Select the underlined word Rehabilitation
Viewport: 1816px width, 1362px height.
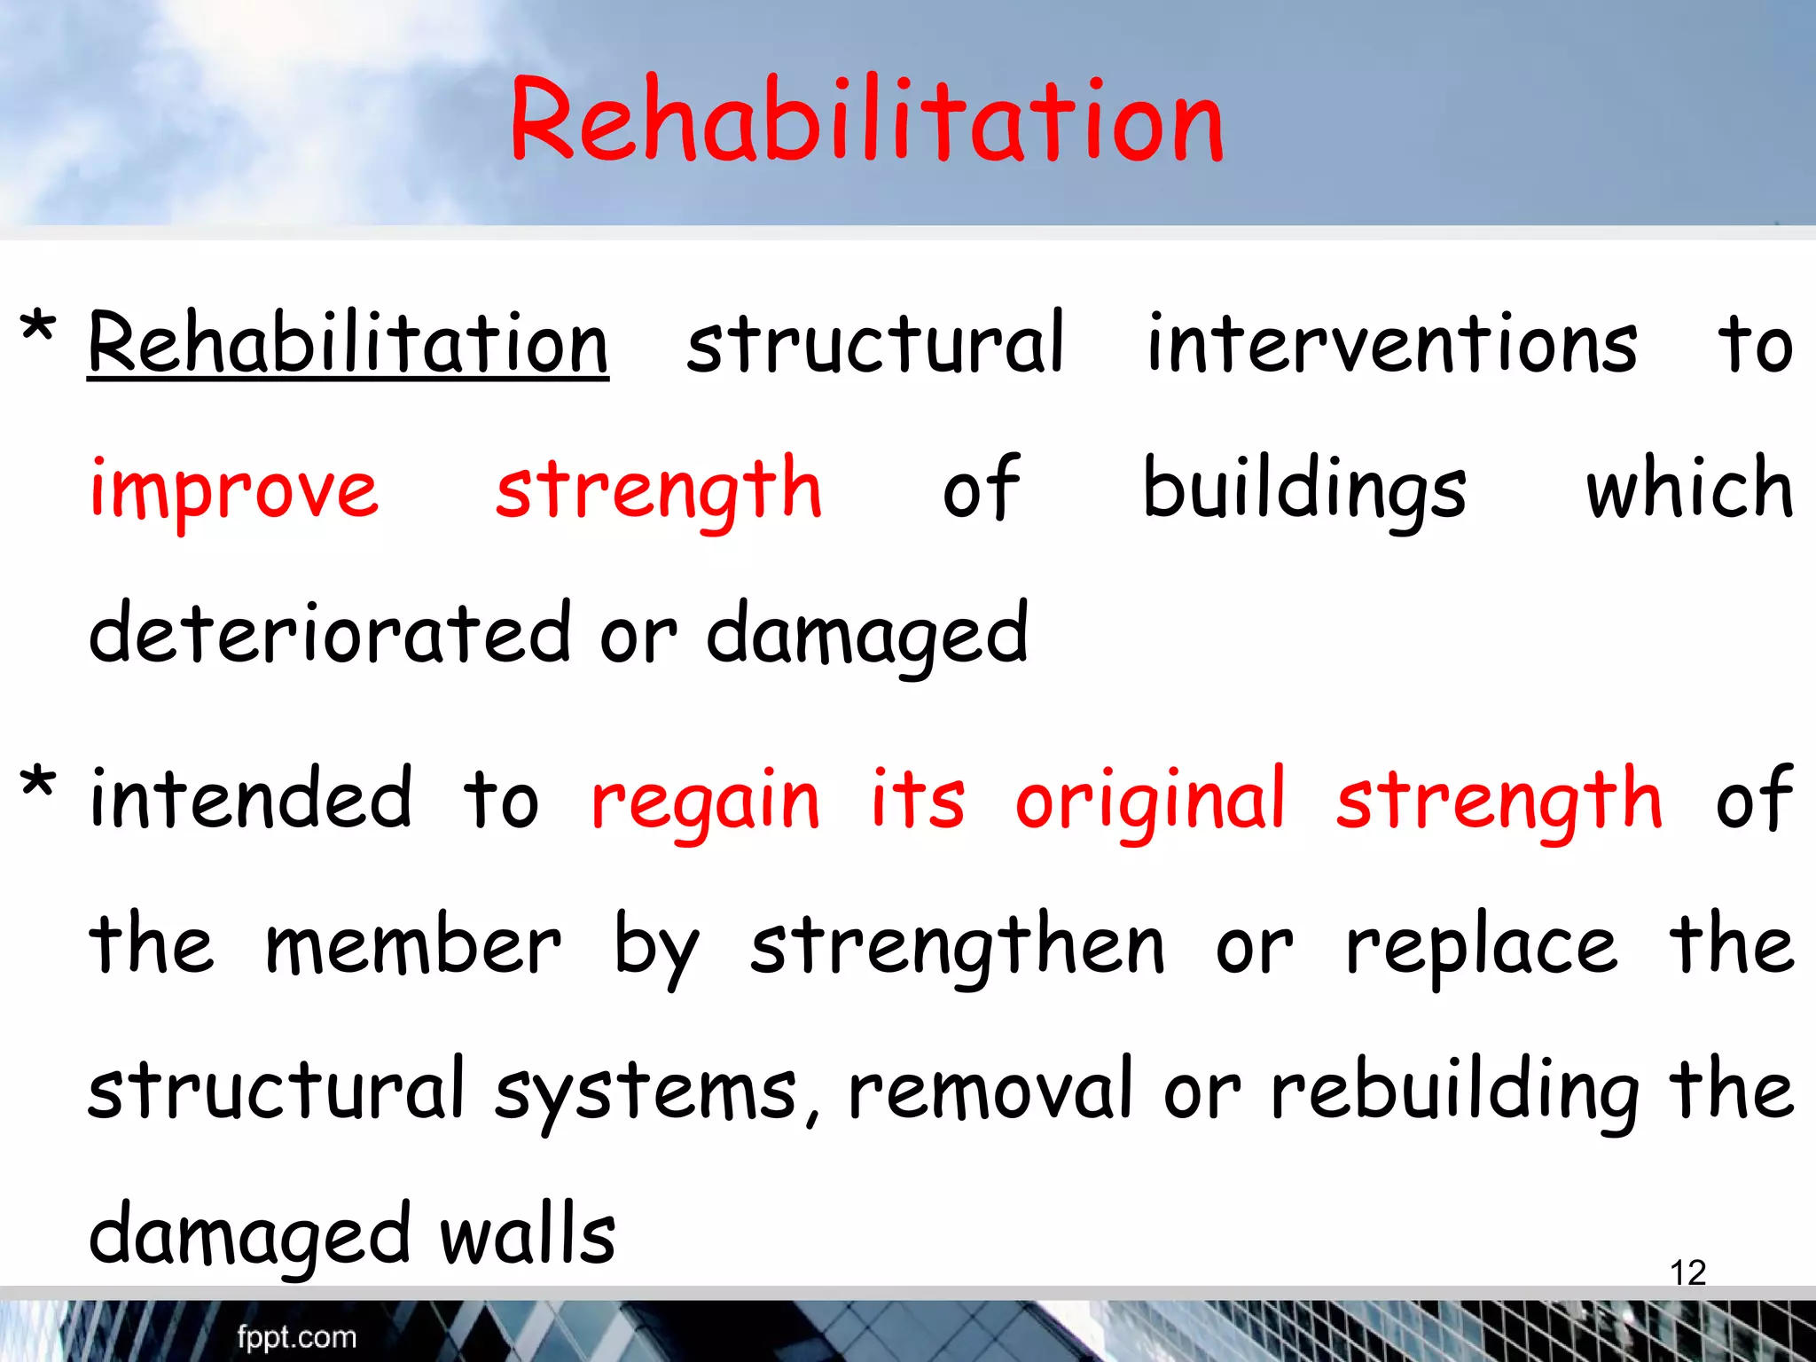(x=348, y=344)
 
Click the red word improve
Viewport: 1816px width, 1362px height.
(x=234, y=490)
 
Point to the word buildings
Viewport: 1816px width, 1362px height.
(x=1303, y=490)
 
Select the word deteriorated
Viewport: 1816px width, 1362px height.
(x=330, y=633)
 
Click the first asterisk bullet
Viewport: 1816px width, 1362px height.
(x=38, y=330)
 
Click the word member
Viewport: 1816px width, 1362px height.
(x=413, y=946)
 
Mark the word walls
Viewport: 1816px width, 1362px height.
(x=528, y=1235)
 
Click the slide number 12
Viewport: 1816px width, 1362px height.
(x=1687, y=1272)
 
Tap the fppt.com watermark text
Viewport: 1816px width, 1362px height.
(x=296, y=1336)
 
